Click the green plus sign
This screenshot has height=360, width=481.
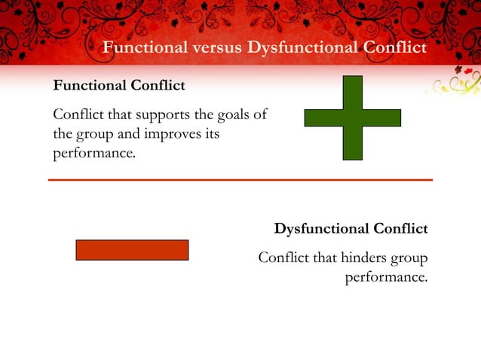point(352,117)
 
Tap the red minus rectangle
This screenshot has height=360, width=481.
point(132,250)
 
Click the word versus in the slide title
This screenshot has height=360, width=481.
point(218,48)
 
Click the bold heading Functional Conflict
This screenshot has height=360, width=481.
point(118,86)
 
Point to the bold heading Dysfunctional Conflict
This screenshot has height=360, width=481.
point(351,228)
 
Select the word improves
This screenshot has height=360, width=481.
point(178,133)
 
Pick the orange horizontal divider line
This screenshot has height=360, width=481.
point(240,180)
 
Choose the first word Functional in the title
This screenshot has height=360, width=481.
point(144,48)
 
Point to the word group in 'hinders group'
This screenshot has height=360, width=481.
point(409,259)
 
